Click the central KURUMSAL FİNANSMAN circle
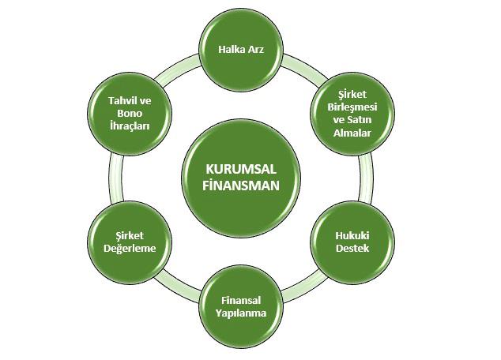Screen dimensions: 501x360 (x=241, y=178)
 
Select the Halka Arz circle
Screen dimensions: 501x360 (x=241, y=50)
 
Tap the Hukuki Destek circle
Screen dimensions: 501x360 (x=352, y=242)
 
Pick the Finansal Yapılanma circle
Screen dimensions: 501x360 (x=241, y=306)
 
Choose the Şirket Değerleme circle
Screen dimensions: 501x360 (x=130, y=242)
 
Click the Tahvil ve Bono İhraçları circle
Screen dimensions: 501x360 (x=130, y=114)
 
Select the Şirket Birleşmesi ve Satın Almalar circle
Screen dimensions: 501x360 (x=352, y=114)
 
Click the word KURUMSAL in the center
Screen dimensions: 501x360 (x=241, y=169)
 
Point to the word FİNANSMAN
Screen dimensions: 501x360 (x=241, y=186)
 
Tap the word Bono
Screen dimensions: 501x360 (x=130, y=114)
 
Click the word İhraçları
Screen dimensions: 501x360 (x=130, y=126)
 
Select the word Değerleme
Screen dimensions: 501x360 (x=130, y=249)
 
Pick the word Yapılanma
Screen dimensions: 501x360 (x=240, y=313)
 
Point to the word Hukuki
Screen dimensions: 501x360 (x=352, y=236)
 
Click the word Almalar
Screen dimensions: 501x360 (x=352, y=133)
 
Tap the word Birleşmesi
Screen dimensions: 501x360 (x=352, y=107)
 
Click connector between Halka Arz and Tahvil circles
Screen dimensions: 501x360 (x=178, y=70)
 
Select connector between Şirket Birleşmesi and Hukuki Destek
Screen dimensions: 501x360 (x=366, y=178)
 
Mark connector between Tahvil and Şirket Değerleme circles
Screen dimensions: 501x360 (x=115, y=178)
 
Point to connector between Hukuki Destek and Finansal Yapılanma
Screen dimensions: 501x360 (x=304, y=287)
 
